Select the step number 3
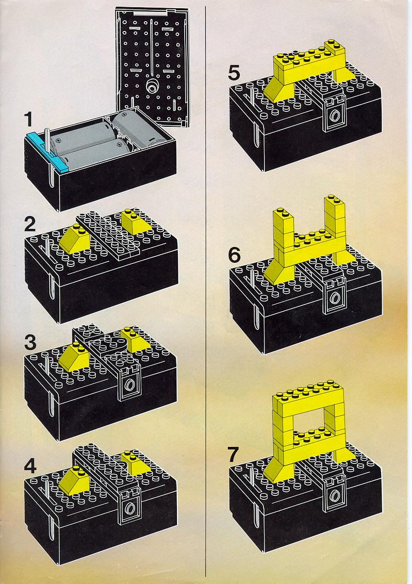point(30,343)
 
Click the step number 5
point(234,73)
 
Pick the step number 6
point(234,255)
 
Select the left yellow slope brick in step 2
point(74,238)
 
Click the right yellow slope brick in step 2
point(133,222)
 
